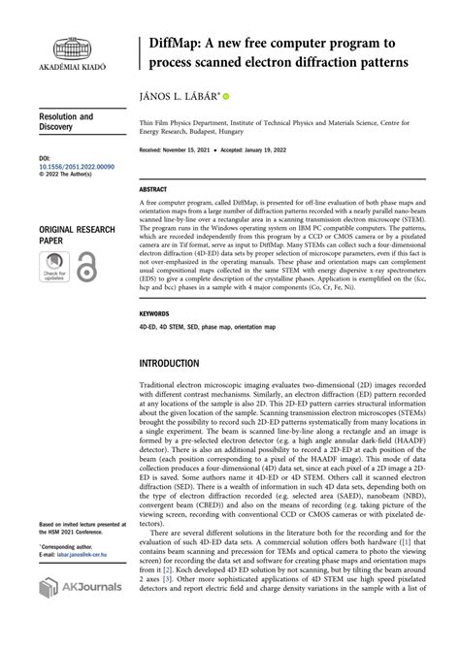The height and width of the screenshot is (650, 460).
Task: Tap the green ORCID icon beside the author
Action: coord(226,97)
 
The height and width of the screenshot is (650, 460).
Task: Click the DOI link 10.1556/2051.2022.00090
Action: coord(77,167)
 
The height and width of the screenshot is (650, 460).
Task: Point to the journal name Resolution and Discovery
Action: coord(66,122)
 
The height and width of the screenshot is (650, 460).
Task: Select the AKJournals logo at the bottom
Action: coord(80,587)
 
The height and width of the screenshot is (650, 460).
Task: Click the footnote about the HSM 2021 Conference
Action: coord(82,529)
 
